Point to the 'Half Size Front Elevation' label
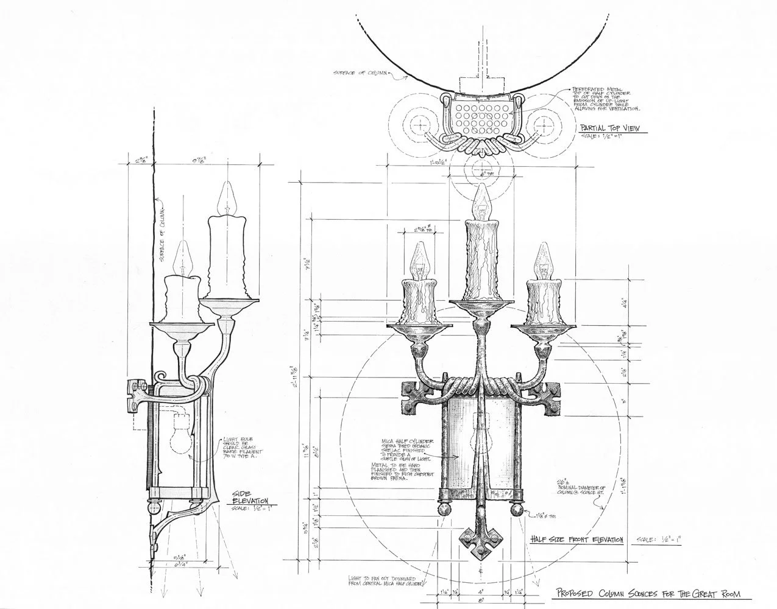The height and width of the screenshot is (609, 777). point(576,540)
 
